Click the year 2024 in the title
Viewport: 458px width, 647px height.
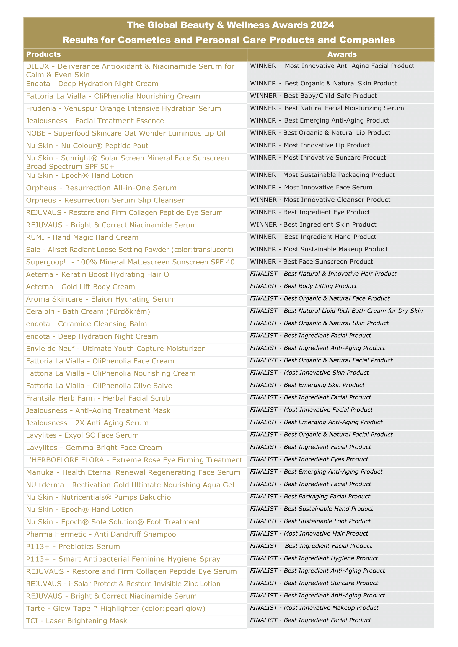[322, 25]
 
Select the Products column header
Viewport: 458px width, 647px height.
[43, 54]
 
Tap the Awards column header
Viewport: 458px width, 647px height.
[342, 54]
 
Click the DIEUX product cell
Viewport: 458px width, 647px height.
[130, 70]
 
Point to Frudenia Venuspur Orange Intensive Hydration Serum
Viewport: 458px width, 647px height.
[123, 108]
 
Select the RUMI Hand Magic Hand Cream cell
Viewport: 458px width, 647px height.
[82, 237]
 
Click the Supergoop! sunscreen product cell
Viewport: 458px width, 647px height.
[130, 262]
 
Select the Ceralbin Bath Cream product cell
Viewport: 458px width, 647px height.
[88, 311]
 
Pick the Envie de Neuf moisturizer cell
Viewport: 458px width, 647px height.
[115, 349]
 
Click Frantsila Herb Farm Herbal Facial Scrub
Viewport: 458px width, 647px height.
[98, 398]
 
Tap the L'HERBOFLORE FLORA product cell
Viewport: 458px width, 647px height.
[134, 460]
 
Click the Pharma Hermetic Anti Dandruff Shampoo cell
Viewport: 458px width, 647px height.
[101, 534]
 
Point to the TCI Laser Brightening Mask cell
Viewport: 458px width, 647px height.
[76, 621]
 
